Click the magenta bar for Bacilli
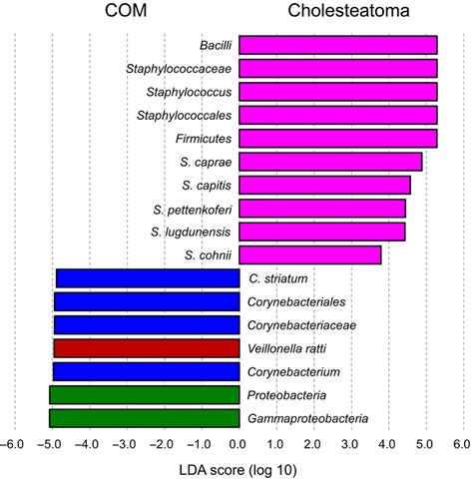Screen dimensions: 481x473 pos(338,45)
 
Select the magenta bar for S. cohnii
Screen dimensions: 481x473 pos(310,255)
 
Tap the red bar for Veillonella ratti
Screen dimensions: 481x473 pos(146,348)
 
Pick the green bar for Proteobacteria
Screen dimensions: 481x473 pos(144,395)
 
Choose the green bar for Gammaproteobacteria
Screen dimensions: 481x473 pos(144,418)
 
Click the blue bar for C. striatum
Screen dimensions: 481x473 pos(148,278)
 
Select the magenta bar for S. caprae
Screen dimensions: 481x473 pos(330,162)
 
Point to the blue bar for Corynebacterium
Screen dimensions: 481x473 pos(146,371)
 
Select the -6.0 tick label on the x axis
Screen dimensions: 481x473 pos(14,443)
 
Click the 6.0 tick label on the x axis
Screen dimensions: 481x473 pos(460,443)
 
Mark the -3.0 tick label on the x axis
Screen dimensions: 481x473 pos(126,443)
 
